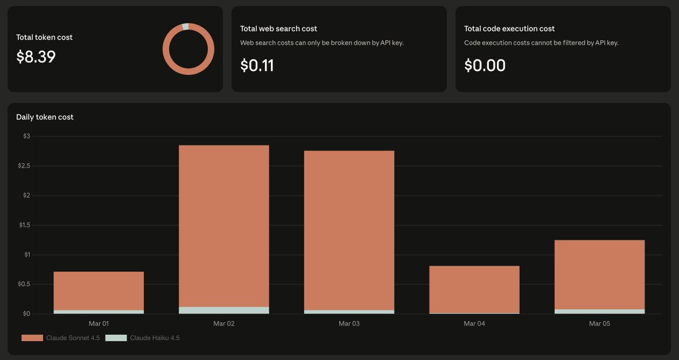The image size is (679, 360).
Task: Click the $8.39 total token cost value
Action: coord(36,57)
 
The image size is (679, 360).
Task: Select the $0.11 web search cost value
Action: coord(257,66)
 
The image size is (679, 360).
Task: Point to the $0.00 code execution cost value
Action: coord(485,66)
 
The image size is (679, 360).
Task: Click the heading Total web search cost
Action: coord(278,28)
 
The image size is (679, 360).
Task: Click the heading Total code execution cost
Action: coord(509,28)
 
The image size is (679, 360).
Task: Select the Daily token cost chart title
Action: coord(45,117)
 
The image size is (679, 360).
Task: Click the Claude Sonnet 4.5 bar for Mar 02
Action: coord(224,226)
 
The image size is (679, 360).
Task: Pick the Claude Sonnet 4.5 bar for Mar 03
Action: coord(349,230)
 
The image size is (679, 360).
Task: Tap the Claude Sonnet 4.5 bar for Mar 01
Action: coord(98,291)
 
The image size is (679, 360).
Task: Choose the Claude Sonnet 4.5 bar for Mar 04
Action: coord(474,289)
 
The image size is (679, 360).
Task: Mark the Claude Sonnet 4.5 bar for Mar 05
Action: coord(599,275)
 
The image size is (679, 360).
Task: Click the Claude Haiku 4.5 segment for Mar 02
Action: coord(224,310)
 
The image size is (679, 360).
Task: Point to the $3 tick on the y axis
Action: coord(26,136)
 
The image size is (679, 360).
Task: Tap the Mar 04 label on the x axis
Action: coord(474,324)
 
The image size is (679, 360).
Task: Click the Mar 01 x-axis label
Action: coord(98,324)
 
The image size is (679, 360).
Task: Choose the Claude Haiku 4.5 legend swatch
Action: coord(116,338)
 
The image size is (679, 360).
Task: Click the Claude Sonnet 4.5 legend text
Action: coord(72,338)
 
